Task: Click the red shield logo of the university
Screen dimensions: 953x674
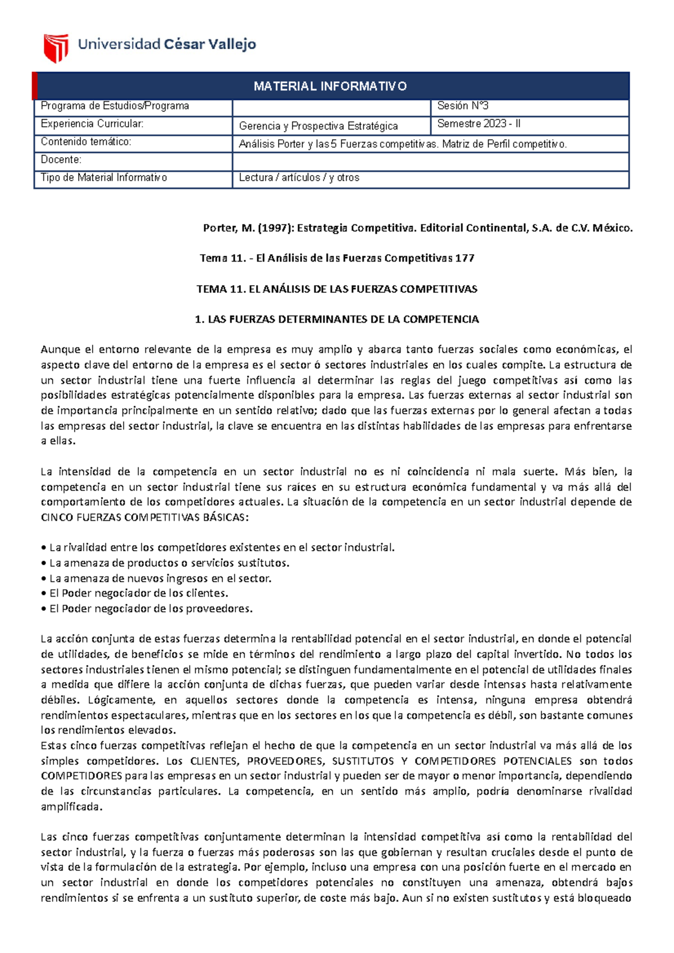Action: coord(56,48)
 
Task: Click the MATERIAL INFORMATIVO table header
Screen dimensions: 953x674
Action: coord(330,86)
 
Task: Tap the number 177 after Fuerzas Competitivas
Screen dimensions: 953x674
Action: coord(464,258)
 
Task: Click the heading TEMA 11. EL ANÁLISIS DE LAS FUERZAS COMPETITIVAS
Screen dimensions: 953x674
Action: coord(336,289)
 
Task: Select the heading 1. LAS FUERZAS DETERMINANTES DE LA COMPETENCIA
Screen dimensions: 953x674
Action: coord(336,319)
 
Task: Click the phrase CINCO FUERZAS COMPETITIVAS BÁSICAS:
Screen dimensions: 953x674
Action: coord(144,517)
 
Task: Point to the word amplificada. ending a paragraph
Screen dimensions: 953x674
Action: coord(72,807)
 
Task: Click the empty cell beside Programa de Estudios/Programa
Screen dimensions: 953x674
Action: coord(330,107)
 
